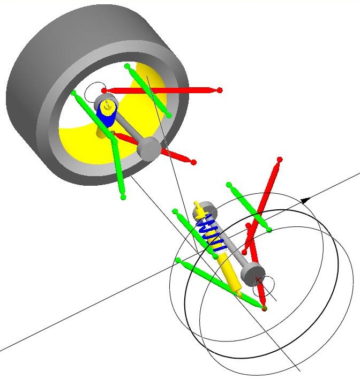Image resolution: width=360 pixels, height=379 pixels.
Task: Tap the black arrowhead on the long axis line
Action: pos(307,200)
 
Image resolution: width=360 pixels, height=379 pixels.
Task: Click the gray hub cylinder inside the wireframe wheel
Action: pos(252,275)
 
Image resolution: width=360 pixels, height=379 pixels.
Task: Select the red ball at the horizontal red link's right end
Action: pos(219,90)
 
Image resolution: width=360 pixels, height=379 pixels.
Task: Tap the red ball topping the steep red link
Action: pos(279,160)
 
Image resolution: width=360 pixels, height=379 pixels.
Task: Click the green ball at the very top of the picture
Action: pos(127,66)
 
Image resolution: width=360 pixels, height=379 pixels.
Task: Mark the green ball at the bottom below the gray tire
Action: pos(124,197)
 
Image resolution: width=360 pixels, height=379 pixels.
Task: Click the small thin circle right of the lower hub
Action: pos(269,282)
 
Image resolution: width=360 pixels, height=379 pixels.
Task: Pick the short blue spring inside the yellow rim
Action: pos(106,118)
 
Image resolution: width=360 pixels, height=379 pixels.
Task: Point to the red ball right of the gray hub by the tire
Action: pos(193,162)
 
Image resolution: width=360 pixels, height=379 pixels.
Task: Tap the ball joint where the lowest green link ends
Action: pos(264,308)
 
